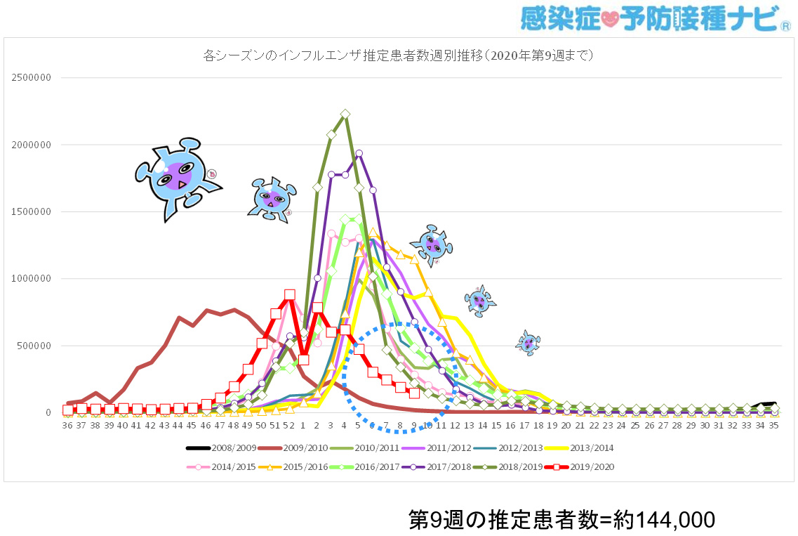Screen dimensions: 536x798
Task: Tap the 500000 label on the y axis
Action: (x=34, y=346)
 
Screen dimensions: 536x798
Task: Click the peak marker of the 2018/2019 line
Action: (x=345, y=114)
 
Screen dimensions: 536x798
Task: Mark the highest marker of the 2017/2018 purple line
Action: (x=359, y=153)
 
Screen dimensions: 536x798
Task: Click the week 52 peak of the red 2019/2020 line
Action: (x=289, y=295)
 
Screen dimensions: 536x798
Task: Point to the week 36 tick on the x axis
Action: (x=67, y=426)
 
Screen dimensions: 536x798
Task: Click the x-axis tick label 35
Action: (x=774, y=426)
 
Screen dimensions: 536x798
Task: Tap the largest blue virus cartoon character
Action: (x=176, y=177)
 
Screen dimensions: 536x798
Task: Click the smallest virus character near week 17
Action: (x=528, y=342)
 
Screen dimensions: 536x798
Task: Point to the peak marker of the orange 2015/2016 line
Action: (x=373, y=232)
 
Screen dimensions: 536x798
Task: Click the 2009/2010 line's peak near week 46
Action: (x=207, y=310)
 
